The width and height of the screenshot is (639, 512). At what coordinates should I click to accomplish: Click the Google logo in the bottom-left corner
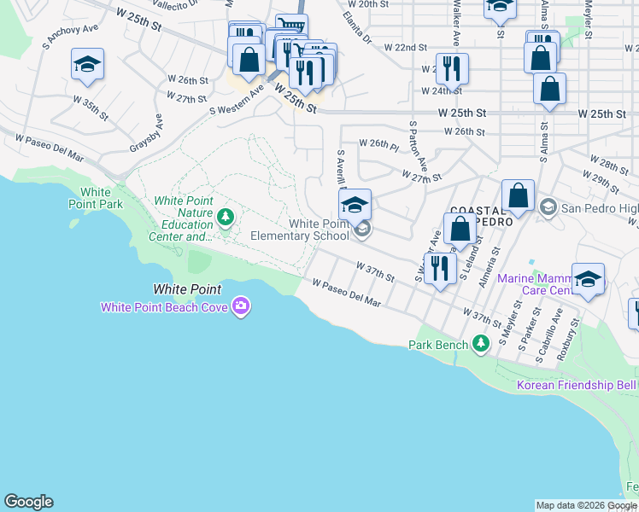[x=28, y=502]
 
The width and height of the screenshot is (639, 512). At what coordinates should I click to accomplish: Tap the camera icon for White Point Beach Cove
[x=241, y=305]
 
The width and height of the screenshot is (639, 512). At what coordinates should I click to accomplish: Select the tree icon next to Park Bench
[x=481, y=344]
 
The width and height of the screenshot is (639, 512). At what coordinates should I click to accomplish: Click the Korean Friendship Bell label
[x=577, y=386]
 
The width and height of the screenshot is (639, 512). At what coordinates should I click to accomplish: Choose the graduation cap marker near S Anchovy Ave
[x=87, y=66]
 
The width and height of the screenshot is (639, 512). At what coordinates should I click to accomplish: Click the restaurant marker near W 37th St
[x=440, y=269]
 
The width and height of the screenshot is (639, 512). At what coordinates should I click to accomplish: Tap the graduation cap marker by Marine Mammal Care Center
[x=588, y=279]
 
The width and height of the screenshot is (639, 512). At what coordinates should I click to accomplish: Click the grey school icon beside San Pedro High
[x=548, y=207]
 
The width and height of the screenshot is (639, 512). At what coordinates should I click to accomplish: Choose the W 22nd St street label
[x=405, y=47]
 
